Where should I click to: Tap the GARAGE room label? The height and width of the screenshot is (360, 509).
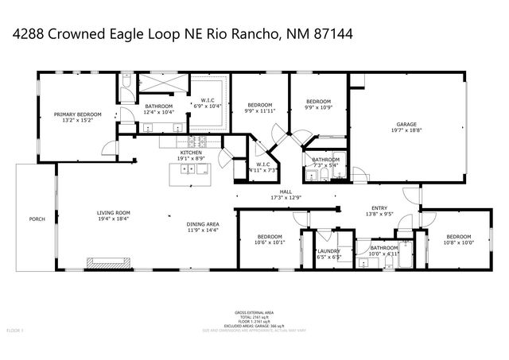coord(406,125)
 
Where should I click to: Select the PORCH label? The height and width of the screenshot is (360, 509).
coord(37,219)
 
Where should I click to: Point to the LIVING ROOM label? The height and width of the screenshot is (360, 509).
coord(114,213)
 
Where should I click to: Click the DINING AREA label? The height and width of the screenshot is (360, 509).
coord(203,224)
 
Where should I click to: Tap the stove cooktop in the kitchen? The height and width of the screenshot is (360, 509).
coord(201,141)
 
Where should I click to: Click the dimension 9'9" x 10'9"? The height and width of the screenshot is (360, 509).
coord(319,106)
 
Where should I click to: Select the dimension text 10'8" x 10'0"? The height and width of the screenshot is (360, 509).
coord(459,242)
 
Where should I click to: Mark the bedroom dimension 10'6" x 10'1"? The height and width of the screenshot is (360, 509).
coord(270,242)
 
